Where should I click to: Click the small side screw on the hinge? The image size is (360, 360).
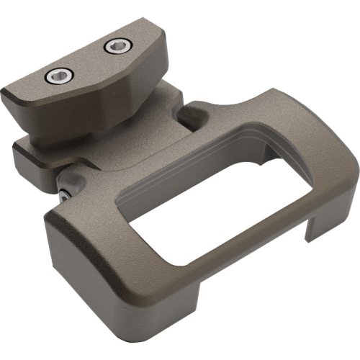coord(66,193)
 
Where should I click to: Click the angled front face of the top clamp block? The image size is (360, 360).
coord(108,90)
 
